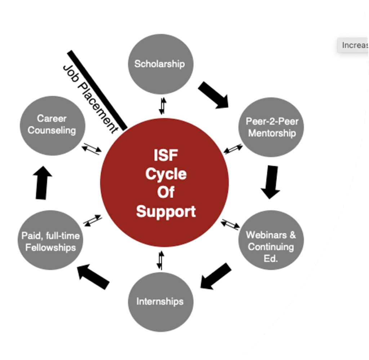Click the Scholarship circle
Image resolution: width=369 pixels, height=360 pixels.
pos(161,64)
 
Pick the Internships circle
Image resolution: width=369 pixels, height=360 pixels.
pos(160,302)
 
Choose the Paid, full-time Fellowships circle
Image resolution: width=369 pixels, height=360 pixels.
pos(50,241)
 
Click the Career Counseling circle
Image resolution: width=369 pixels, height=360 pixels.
pos(52,124)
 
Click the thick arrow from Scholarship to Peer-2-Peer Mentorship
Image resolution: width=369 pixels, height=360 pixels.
pos(214,95)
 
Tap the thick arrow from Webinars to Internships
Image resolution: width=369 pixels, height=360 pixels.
pos(215,276)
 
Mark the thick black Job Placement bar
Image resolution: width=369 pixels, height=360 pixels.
pos(97,90)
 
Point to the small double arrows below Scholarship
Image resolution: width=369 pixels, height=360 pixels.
pos(163,105)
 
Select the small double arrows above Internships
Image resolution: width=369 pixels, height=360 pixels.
pos(160,260)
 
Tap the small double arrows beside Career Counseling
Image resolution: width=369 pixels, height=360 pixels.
pos(91,149)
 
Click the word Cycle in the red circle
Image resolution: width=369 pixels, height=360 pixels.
pos(166,175)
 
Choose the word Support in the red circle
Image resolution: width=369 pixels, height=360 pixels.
pos(166,211)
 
